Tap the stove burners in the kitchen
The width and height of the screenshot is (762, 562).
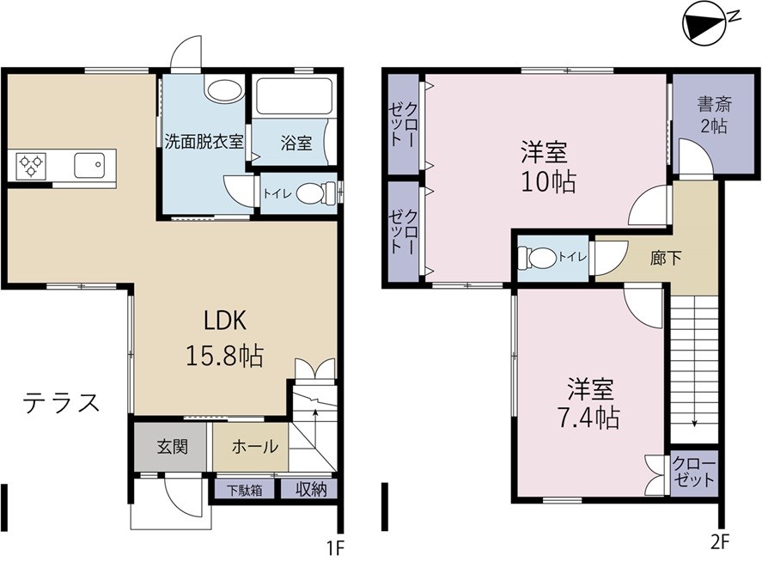click(x=28, y=164)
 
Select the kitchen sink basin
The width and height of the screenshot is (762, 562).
click(x=89, y=163)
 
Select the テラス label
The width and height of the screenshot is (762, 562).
click(x=62, y=402)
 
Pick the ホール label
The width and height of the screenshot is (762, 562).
click(x=256, y=447)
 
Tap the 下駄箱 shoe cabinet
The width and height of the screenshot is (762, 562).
click(x=243, y=491)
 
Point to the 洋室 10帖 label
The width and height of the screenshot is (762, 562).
click(x=546, y=168)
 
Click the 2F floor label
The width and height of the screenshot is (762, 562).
click(x=720, y=542)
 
